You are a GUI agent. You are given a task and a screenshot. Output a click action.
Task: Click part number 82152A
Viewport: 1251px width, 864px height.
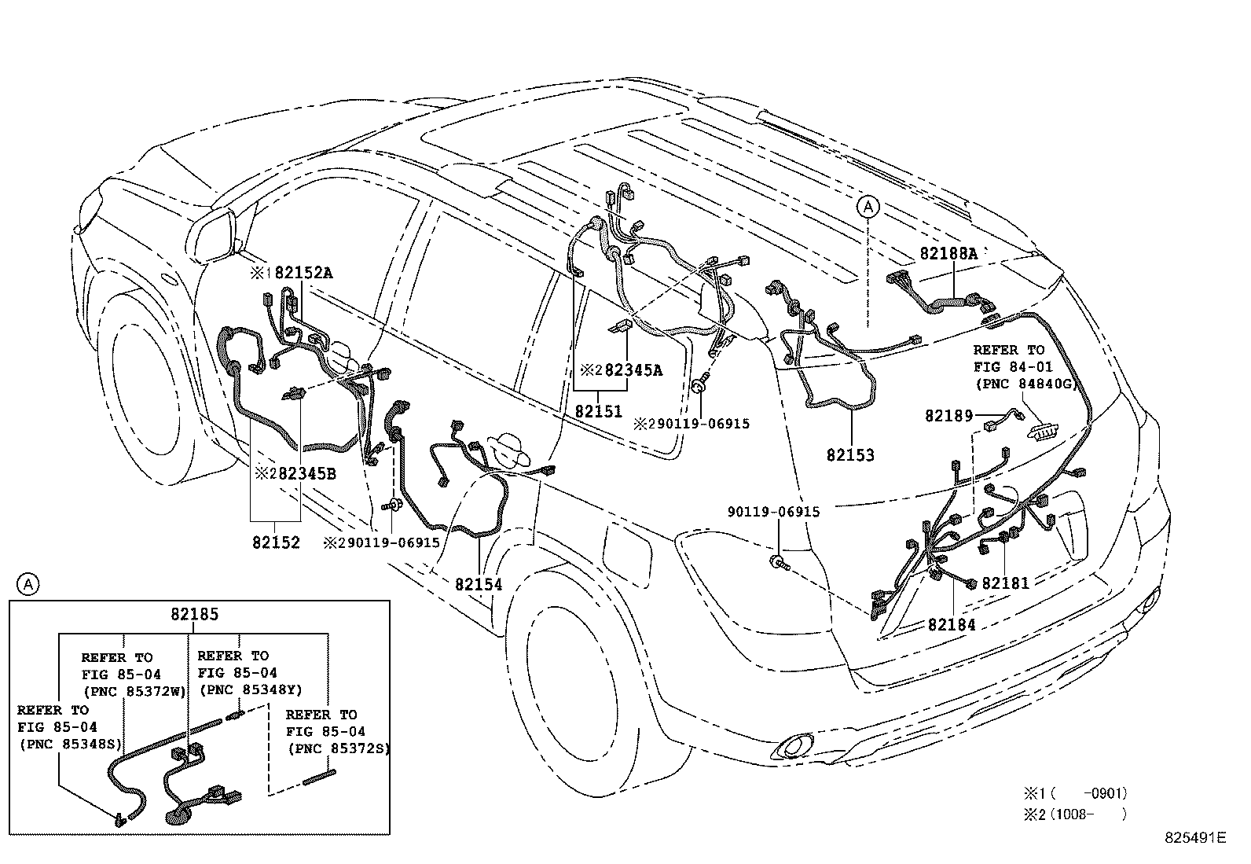coord(304,273)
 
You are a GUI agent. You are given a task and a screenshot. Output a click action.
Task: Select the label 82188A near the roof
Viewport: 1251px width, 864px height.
coord(948,253)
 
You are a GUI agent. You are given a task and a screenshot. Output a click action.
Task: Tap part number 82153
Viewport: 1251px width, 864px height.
coord(850,455)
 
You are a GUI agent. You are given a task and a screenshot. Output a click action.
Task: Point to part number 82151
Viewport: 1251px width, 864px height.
coord(598,411)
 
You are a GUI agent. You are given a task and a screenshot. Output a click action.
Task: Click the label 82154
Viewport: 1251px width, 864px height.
coord(479,584)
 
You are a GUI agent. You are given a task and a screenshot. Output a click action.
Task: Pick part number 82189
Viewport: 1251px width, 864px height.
coord(948,416)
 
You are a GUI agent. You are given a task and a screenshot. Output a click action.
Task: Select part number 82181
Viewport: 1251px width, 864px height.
coord(1005,583)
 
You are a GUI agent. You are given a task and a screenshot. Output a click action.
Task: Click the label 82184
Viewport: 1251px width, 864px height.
coord(952,625)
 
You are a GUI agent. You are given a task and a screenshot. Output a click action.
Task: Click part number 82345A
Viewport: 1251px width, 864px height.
coord(633,369)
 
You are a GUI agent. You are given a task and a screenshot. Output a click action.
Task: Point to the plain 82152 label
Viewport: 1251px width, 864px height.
coord(276,542)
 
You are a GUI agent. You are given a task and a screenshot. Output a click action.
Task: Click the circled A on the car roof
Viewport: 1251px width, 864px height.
coord(868,207)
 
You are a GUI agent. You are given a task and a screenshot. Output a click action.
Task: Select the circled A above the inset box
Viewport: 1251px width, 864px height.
coord(28,584)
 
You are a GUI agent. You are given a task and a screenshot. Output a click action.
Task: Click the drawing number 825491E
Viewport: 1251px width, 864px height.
coord(1194,838)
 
